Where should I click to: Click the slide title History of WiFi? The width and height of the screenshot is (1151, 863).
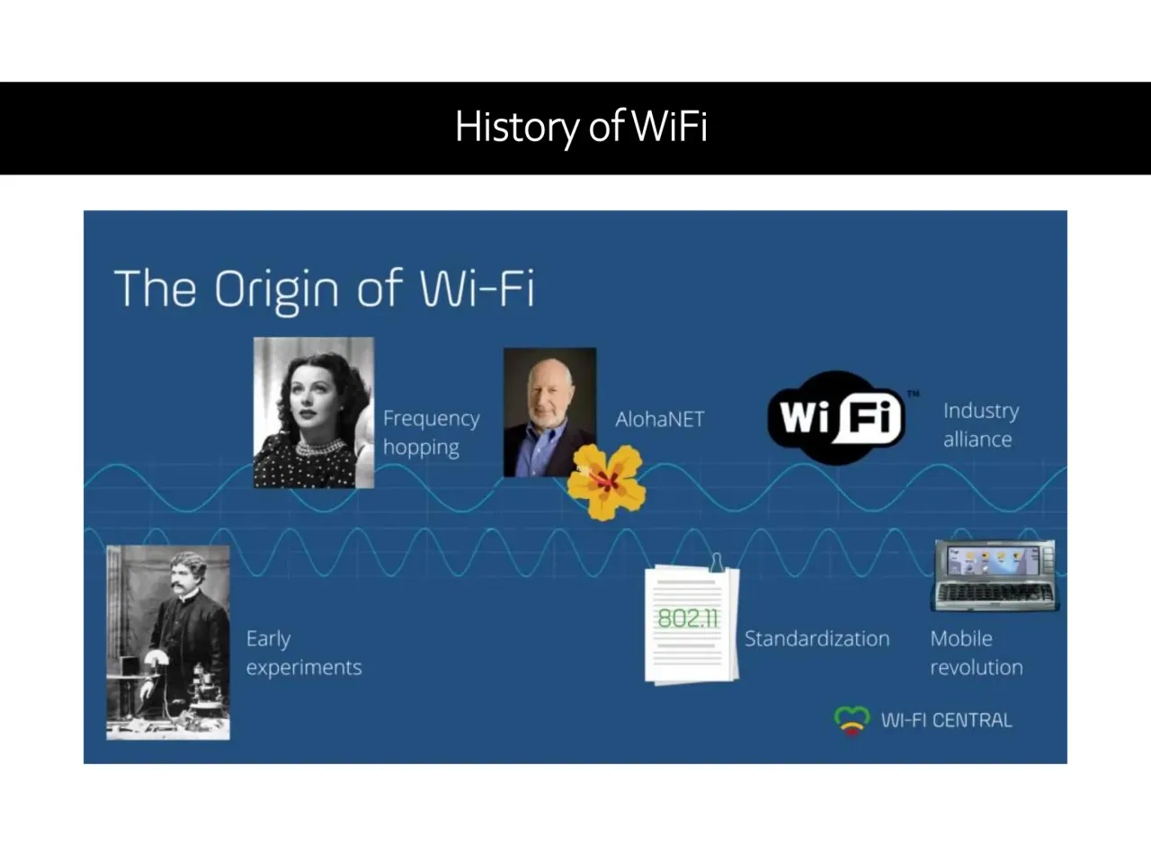pos(581,127)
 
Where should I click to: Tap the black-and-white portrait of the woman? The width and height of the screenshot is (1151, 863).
pos(313,412)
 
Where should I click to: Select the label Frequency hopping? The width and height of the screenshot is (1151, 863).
pos(431,432)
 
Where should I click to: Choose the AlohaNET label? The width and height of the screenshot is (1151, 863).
pos(659,419)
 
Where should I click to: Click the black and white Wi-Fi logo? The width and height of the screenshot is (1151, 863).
pos(837,417)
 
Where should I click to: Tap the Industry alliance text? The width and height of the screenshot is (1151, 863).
pos(980,424)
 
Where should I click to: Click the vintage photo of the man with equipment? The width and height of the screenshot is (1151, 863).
pos(168,642)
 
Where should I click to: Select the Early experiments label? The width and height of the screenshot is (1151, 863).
pos(303,653)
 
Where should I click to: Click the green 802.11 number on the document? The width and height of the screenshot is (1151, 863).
pos(688,618)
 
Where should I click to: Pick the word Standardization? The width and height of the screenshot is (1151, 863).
pos(816,639)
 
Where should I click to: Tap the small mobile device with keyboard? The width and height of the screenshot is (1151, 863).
pos(994,575)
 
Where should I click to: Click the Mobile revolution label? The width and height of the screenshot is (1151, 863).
pos(976,653)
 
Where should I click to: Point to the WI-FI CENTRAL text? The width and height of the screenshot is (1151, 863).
pos(946,720)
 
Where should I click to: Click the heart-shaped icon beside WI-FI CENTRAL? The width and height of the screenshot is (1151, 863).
pos(852,720)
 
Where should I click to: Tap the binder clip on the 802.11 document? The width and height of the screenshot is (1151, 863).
pos(717,562)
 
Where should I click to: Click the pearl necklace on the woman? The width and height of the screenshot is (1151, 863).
pos(317,447)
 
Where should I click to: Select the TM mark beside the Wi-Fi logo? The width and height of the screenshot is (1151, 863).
pos(913,394)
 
